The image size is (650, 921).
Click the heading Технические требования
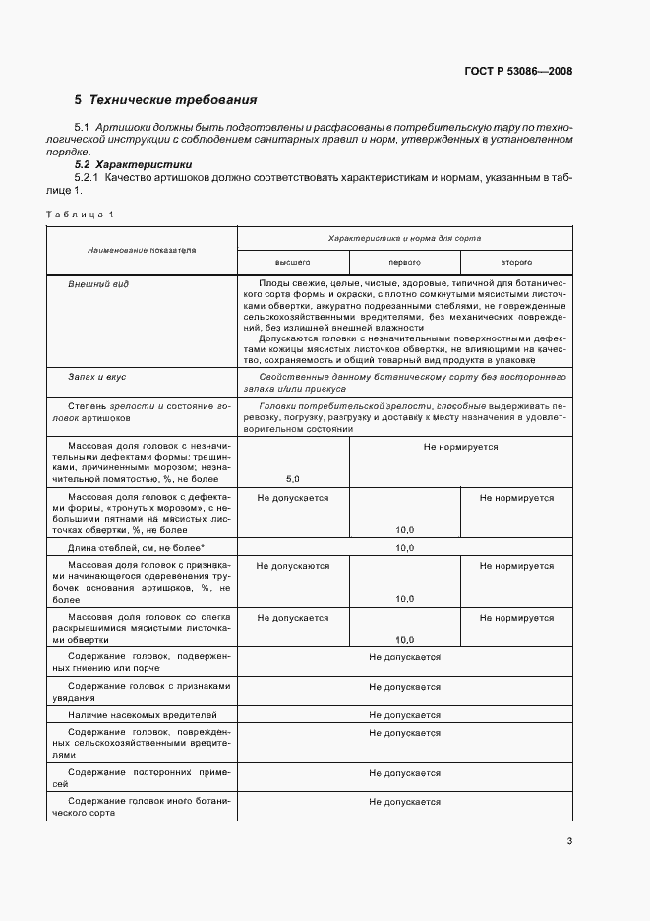(172, 100)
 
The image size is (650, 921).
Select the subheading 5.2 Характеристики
(126, 164)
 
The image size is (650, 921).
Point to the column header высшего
(292, 263)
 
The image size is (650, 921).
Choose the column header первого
(404, 263)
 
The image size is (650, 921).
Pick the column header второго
(516, 263)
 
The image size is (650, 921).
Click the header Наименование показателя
(141, 250)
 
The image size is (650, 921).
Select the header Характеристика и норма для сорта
(404, 238)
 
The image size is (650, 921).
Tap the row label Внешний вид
(98, 283)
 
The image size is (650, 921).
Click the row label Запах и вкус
(96, 377)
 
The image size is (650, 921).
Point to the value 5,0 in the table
(293, 478)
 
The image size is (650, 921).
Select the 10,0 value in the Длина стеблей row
(404, 547)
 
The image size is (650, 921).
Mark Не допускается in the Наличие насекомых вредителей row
(404, 714)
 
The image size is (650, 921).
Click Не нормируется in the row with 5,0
(460, 447)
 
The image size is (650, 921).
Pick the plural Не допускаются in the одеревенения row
(293, 566)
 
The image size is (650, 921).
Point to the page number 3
(569, 839)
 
